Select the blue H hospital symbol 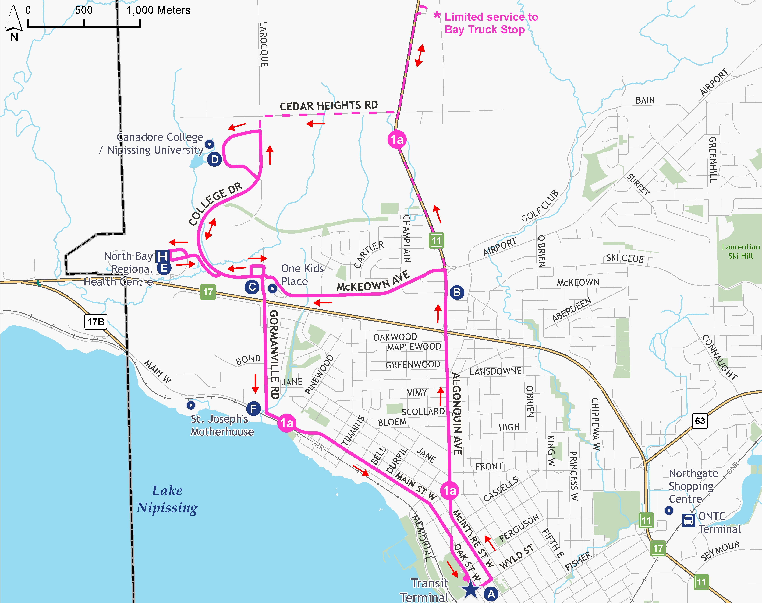[162, 256]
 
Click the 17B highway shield [96, 322]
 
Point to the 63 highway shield [700, 421]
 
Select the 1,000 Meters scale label [159, 10]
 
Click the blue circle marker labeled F [253, 409]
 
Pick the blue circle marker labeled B [457, 292]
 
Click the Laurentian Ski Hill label [740, 251]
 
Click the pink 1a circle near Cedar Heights [397, 139]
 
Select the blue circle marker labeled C [252, 287]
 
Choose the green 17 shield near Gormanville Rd [208, 292]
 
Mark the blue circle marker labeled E [164, 268]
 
